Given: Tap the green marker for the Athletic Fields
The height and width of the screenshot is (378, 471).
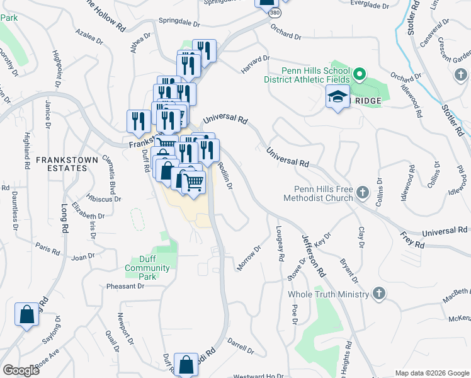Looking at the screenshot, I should [x=359, y=75].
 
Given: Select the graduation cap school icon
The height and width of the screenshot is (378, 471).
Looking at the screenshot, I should [x=338, y=98].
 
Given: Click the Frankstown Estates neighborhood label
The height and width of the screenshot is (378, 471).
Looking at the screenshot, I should [x=67, y=164].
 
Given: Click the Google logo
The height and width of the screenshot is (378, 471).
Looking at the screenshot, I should [x=21, y=370].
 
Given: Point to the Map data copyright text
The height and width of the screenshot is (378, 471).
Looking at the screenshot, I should [x=432, y=373].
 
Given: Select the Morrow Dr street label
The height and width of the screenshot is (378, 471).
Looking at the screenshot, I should [x=249, y=258].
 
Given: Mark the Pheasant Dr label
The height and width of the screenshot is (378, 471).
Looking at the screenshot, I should [x=125, y=286].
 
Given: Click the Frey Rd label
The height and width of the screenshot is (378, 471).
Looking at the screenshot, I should [x=412, y=239].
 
